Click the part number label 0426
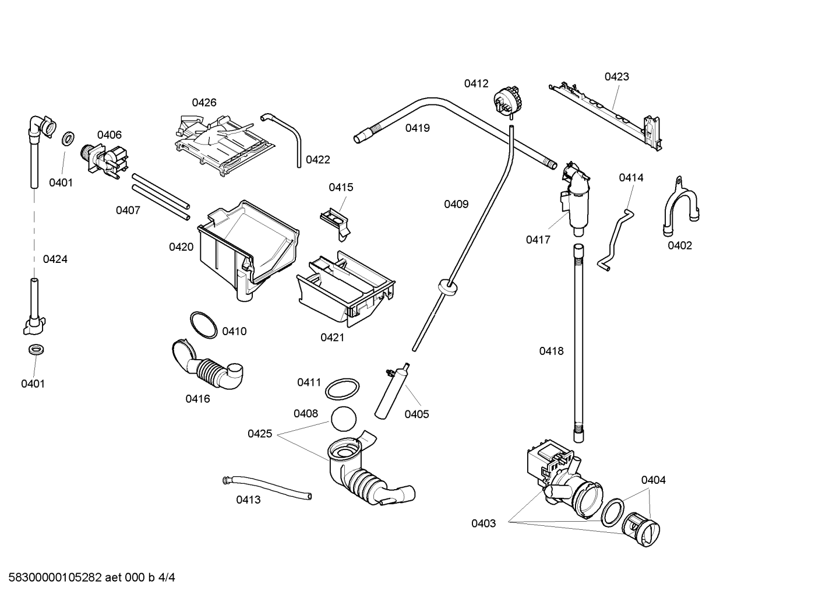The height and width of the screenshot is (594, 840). (204, 103)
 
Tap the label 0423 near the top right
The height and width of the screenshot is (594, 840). (616, 76)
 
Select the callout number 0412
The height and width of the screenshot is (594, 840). (477, 84)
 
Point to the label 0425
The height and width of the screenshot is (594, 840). (259, 434)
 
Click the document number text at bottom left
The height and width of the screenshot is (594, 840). (91, 578)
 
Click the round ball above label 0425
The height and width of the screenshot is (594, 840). (344, 419)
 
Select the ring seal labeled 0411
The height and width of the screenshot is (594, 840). (342, 389)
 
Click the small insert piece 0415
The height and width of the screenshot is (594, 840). (336, 223)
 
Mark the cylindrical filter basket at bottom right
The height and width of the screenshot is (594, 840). (641, 529)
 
